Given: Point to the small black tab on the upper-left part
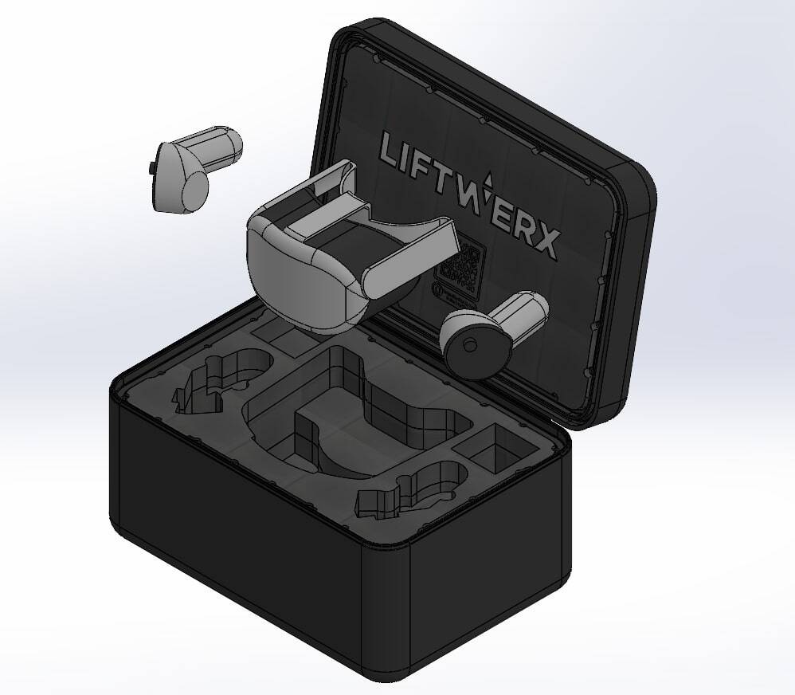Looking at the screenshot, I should (x=151, y=166).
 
